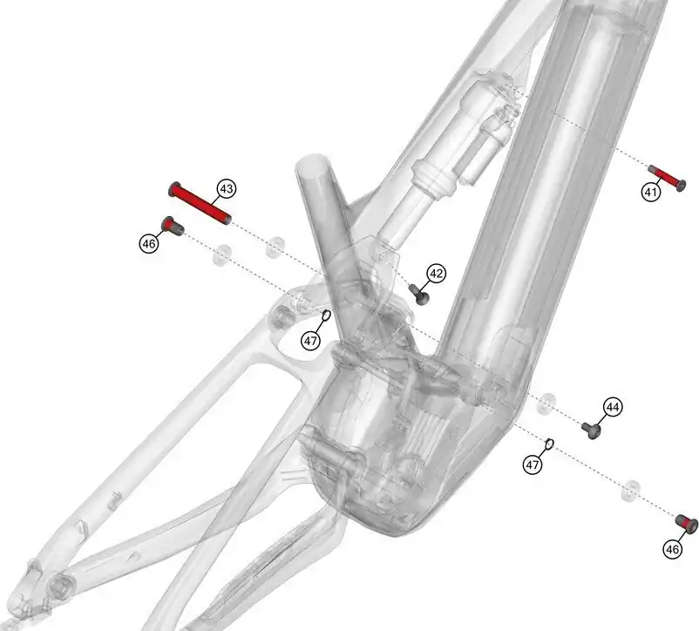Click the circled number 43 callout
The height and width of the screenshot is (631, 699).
[x=227, y=189]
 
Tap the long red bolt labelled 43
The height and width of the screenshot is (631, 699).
[x=200, y=203]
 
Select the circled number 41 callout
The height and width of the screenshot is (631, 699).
[x=651, y=193]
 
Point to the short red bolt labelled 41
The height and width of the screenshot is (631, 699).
[x=667, y=178]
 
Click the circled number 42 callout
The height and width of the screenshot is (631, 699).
[x=436, y=273]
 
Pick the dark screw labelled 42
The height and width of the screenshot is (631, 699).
[x=419, y=295]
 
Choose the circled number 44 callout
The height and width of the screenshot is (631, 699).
[x=613, y=407]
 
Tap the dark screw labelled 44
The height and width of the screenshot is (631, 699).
[x=592, y=431]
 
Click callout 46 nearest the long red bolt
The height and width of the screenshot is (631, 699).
[x=149, y=244]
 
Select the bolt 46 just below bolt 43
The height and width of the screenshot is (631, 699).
[x=172, y=226]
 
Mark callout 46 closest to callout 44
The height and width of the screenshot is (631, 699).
[x=673, y=549]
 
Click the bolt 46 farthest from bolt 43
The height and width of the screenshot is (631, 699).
[x=687, y=524]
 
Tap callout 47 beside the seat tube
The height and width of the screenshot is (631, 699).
[x=311, y=341]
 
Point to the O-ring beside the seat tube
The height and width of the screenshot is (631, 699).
[x=326, y=315]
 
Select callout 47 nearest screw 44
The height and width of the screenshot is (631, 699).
[x=533, y=465]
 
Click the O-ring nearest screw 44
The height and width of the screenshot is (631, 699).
[x=549, y=444]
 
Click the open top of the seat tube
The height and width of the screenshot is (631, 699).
[x=313, y=166]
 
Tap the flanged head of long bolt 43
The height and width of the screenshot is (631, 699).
[x=173, y=189]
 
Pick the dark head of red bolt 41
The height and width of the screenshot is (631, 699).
[x=681, y=185]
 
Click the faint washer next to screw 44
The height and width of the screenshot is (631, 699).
[x=547, y=403]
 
